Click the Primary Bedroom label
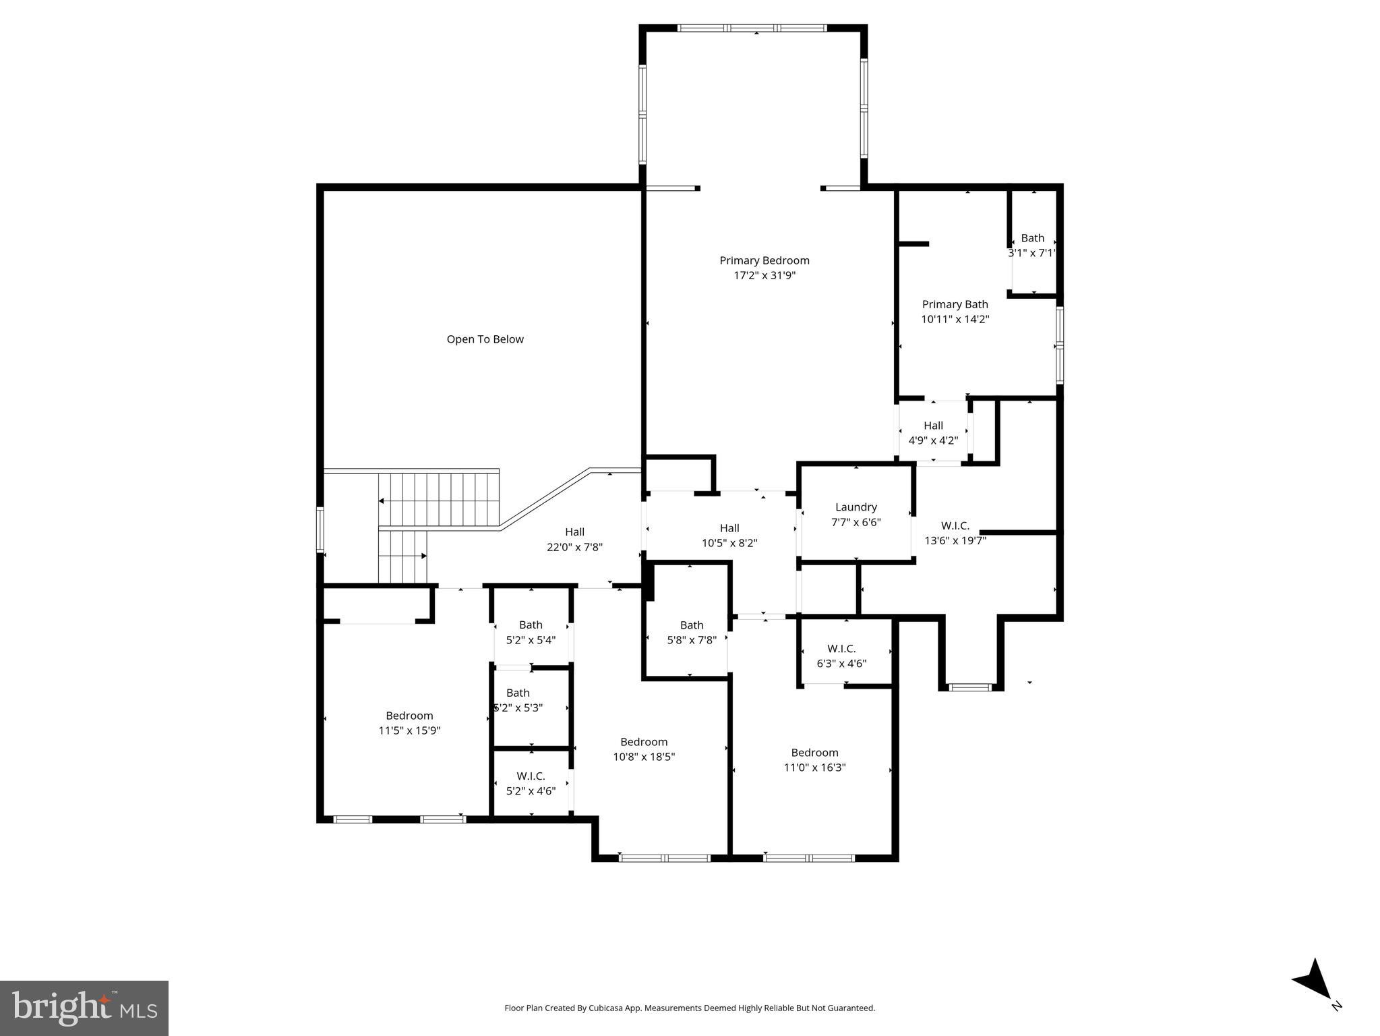pos(764,260)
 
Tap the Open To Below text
pos(485,339)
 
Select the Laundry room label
pos(856,507)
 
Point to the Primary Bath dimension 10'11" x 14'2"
pos(955,319)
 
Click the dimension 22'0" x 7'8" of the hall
pos(574,547)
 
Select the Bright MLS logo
pos(84,1008)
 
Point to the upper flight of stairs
pos(438,500)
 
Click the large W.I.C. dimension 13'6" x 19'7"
pos(955,540)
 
